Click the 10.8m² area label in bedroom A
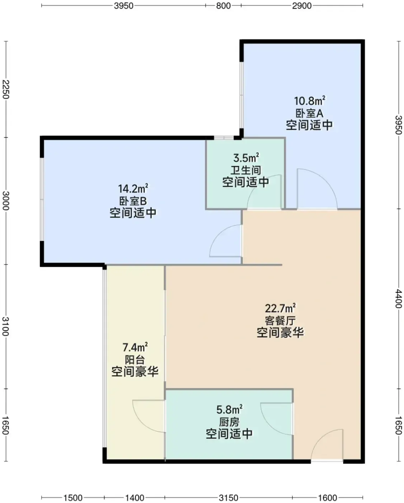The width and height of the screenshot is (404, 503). pyautogui.click(x=310, y=101)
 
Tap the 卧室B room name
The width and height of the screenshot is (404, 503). pyautogui.click(x=133, y=201)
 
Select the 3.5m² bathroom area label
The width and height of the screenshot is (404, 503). pyautogui.click(x=246, y=158)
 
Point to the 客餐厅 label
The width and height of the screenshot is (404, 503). pyautogui.click(x=280, y=321)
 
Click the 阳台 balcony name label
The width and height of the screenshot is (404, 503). pyautogui.click(x=135, y=360)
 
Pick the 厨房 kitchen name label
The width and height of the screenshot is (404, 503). pyautogui.click(x=229, y=423)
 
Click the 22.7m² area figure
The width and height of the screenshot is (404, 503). pyautogui.click(x=280, y=309)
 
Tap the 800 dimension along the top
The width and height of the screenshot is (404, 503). pyautogui.click(x=223, y=6)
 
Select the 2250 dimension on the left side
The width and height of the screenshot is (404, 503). pyautogui.click(x=6, y=89)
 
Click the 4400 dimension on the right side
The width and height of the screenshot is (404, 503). pyautogui.click(x=398, y=299)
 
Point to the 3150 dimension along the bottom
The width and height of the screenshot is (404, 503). pyautogui.click(x=229, y=497)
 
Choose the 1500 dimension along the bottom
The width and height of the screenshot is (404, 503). pyautogui.click(x=73, y=497)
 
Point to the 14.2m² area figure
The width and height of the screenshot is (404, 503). pyautogui.click(x=133, y=188)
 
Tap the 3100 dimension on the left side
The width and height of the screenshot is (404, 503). pyautogui.click(x=6, y=326)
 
